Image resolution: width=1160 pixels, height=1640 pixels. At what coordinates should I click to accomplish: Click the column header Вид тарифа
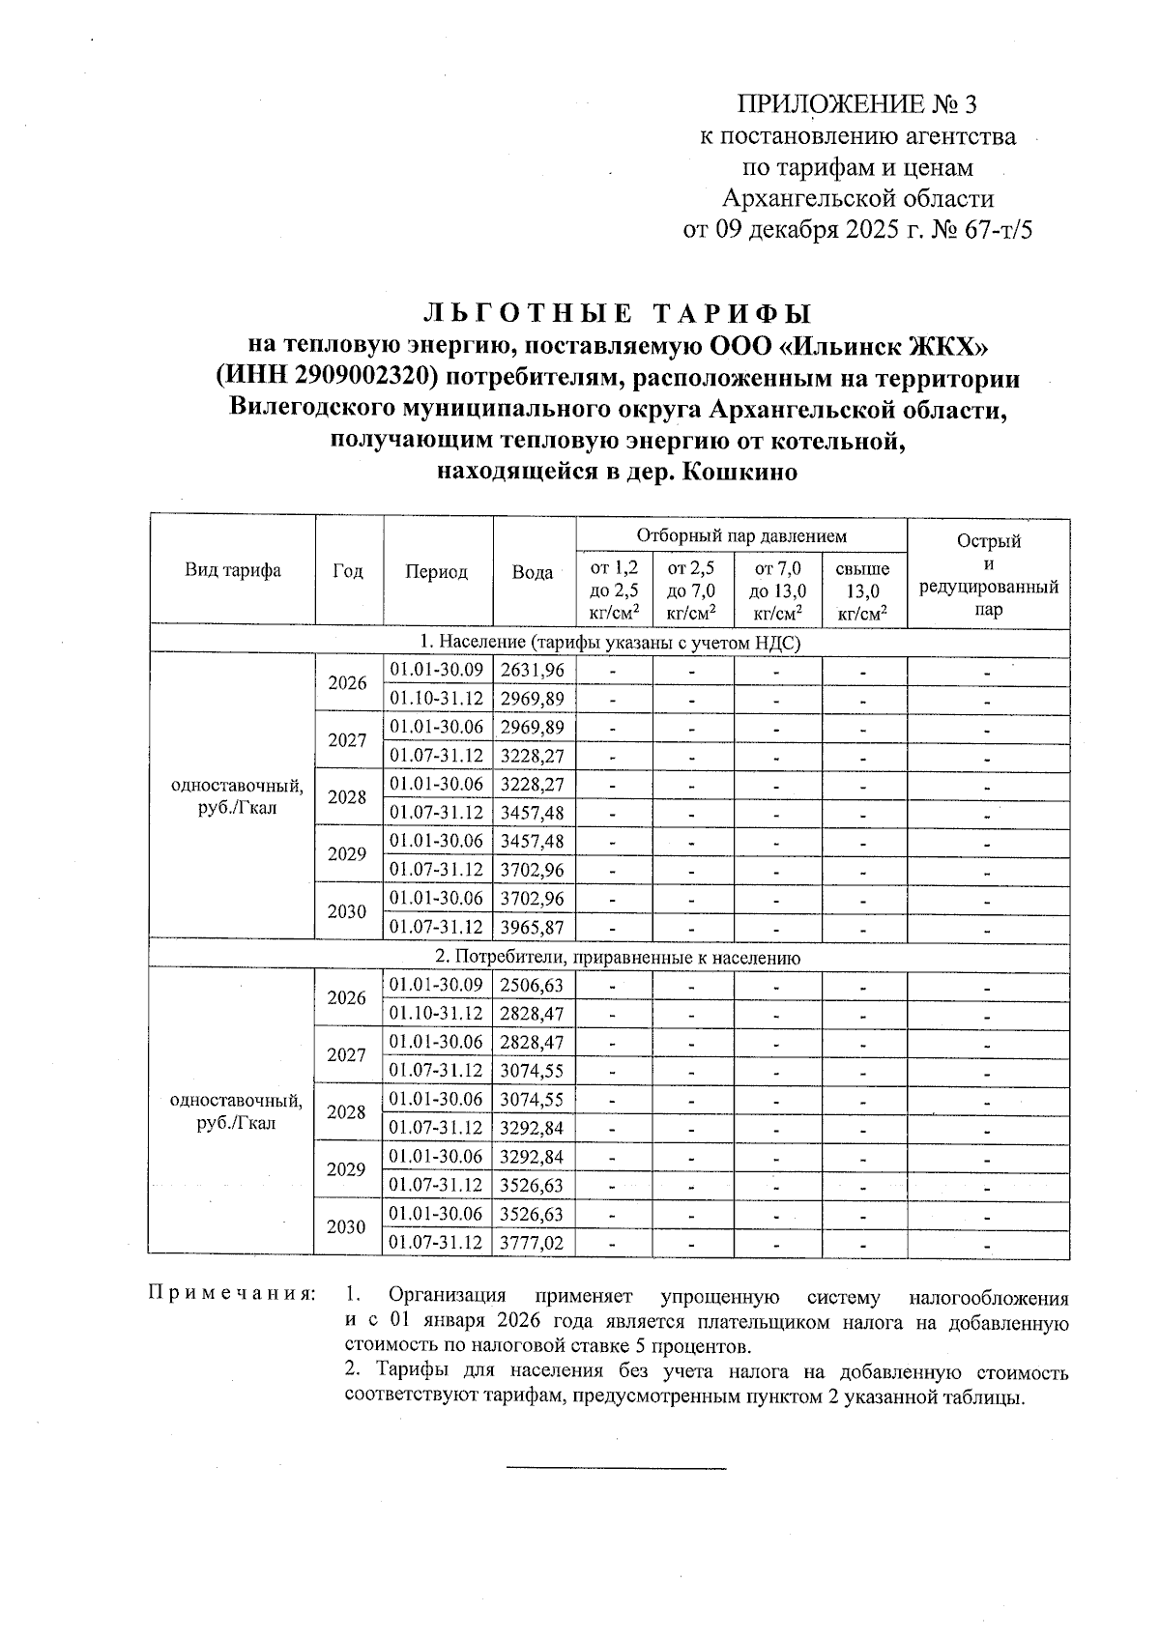tap(233, 570)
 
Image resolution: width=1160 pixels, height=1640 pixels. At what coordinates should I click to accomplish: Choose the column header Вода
tap(533, 572)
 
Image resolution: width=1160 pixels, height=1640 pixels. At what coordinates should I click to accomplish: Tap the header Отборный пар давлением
tap(740, 535)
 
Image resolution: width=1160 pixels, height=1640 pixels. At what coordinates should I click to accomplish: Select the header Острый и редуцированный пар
tap(988, 575)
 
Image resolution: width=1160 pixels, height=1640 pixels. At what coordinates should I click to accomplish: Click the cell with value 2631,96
tap(533, 670)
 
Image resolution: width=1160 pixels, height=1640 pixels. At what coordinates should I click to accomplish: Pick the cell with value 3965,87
tap(533, 927)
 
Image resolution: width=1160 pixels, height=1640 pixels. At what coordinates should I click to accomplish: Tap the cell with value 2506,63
tap(533, 985)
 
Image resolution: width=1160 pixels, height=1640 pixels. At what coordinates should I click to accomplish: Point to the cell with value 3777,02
tap(533, 1242)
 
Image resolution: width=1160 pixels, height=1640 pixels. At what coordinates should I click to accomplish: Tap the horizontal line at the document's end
tap(616, 1469)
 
